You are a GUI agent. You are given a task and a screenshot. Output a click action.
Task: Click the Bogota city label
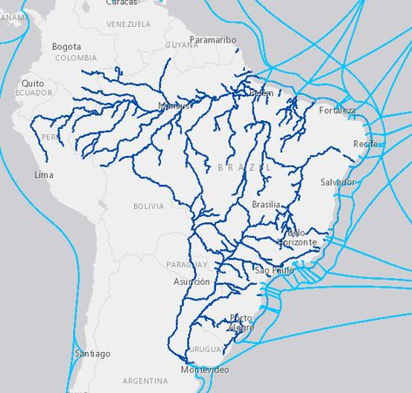66,46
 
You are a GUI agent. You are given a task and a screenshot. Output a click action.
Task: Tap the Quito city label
32,83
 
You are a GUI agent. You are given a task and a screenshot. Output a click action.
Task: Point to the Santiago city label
92,354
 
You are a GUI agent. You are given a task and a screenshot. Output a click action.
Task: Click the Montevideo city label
205,370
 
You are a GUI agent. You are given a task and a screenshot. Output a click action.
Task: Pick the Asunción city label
192,281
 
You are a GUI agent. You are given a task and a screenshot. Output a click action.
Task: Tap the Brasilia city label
266,204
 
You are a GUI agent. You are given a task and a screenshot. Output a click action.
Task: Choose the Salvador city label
338,182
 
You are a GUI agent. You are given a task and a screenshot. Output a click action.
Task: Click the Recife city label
367,143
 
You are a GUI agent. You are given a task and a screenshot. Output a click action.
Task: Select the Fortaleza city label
337,111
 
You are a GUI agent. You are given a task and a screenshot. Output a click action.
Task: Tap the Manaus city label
174,106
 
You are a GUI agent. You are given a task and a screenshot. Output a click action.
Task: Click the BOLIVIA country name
148,207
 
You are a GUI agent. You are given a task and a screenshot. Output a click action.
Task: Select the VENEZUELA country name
128,24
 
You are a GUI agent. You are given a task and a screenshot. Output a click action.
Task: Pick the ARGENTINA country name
145,381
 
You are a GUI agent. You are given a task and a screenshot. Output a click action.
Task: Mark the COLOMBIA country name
76,58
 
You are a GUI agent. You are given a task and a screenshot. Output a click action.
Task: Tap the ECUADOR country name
34,92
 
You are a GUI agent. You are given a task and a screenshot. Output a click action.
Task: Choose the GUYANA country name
181,44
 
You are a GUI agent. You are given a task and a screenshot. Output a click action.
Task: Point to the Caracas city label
121,3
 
